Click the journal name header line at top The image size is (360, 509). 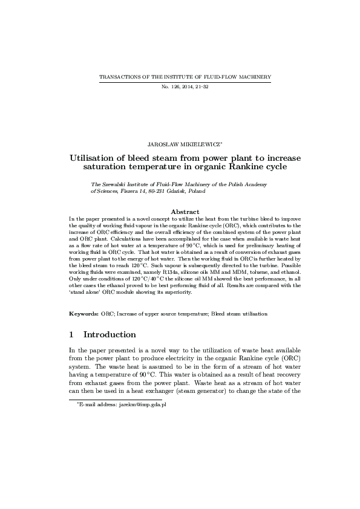pyautogui.click(x=185, y=77)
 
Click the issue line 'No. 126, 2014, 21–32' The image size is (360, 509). pyautogui.click(x=185, y=87)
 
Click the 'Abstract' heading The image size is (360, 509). pyautogui.click(x=185, y=212)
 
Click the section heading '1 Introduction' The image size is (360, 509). pyautogui.click(x=102, y=334)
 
